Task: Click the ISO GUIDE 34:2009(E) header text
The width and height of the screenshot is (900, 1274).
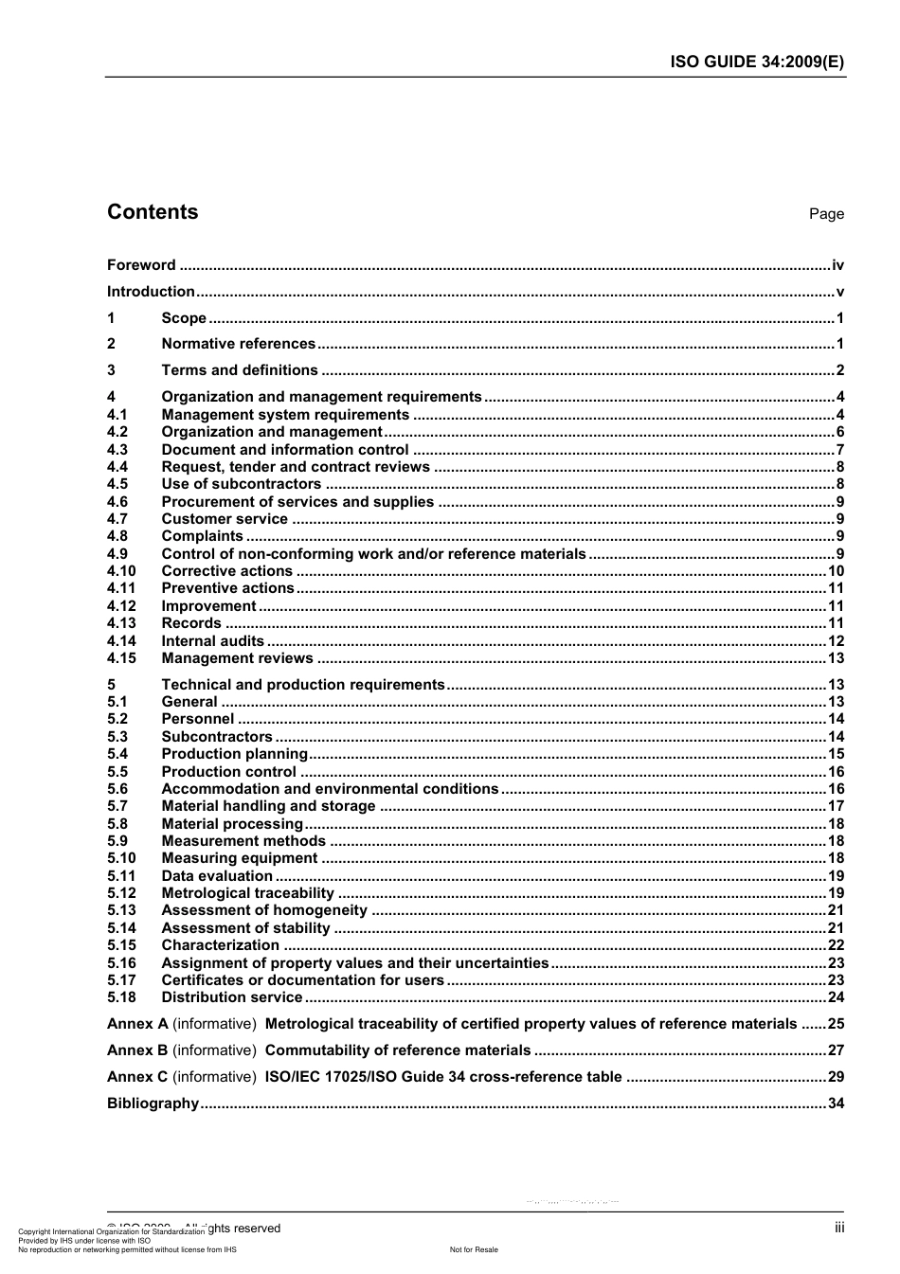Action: (757, 62)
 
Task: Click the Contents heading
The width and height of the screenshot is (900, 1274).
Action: (153, 212)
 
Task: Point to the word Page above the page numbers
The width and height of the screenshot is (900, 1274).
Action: (825, 214)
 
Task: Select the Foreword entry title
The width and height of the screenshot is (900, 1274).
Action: (141, 265)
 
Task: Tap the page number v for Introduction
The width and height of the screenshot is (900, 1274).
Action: (839, 292)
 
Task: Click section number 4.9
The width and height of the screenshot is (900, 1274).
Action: (117, 554)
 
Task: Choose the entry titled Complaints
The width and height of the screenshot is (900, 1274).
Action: (202, 536)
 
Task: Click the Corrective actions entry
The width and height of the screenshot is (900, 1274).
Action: (226, 571)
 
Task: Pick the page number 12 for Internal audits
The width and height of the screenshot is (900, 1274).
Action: (836, 641)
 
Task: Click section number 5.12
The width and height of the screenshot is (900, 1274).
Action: (121, 893)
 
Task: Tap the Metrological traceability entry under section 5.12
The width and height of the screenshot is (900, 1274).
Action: (247, 893)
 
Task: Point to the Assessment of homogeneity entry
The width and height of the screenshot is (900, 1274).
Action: (263, 910)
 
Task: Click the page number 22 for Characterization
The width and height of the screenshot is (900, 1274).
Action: (836, 945)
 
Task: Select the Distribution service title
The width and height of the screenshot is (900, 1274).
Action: (231, 997)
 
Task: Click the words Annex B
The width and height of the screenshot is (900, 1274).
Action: (137, 1050)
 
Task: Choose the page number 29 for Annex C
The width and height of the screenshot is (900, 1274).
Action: (836, 1077)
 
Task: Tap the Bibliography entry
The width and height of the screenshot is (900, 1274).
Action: (153, 1104)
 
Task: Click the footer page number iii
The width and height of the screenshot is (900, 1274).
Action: (839, 1228)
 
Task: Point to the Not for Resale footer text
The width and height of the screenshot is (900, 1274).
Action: (474, 1249)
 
